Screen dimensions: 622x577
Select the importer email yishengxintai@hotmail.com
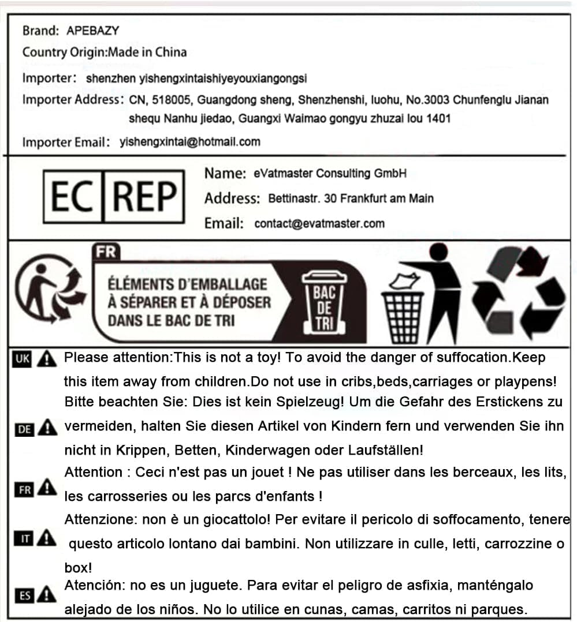pos(190,141)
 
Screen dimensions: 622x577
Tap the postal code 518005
pos(172,100)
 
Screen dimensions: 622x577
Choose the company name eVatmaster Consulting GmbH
pos(330,173)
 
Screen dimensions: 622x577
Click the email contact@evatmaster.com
pos(319,224)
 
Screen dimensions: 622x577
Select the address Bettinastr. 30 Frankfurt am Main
pos(351,198)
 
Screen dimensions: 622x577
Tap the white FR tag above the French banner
pos(105,252)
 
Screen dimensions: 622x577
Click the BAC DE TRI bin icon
pos(324,302)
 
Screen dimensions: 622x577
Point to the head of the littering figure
pos(438,252)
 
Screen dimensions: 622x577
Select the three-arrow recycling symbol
pos(518,293)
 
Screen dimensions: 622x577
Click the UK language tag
pos(22,359)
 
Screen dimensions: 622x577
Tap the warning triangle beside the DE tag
pos(46,428)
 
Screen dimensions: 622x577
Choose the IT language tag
pos(22,540)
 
